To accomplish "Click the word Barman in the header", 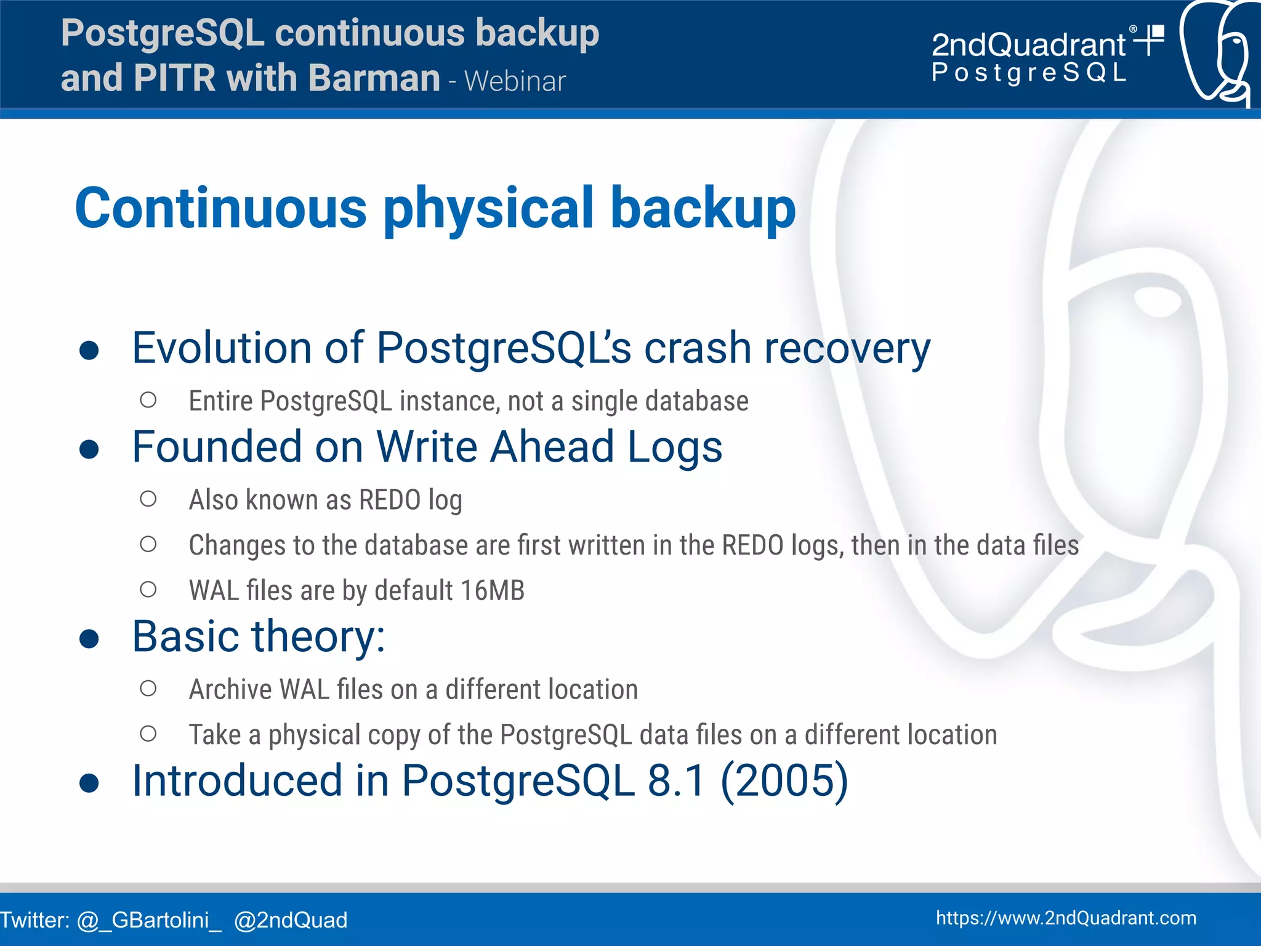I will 374,78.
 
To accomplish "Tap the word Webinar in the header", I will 515,82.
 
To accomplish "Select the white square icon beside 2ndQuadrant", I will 1157,32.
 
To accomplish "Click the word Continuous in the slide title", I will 220,208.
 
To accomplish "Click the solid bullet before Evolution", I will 89,350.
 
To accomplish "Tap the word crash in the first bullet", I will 697,348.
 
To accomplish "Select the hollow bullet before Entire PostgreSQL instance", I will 148,400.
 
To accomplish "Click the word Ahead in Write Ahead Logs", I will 552,447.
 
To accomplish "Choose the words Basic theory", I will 259,636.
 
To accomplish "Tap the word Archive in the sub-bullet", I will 230,689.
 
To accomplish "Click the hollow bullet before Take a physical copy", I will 148,734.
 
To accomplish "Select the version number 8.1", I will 676,780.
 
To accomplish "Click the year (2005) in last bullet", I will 784,780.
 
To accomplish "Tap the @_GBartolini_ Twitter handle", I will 149,920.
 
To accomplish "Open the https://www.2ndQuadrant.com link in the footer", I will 1066,918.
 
